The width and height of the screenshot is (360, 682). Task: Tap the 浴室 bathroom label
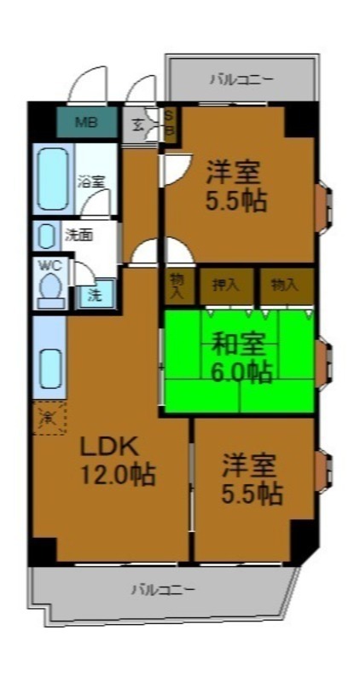click(x=91, y=182)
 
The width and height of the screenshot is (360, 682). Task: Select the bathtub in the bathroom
click(x=53, y=179)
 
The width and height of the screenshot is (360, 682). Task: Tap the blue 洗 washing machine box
click(x=95, y=296)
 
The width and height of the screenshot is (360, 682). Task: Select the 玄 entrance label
click(x=138, y=125)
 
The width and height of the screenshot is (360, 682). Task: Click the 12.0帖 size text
click(x=119, y=474)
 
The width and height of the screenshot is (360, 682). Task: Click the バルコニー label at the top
click(x=241, y=80)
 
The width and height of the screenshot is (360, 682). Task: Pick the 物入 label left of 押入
click(x=177, y=285)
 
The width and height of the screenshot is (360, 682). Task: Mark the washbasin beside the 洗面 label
click(x=49, y=234)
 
